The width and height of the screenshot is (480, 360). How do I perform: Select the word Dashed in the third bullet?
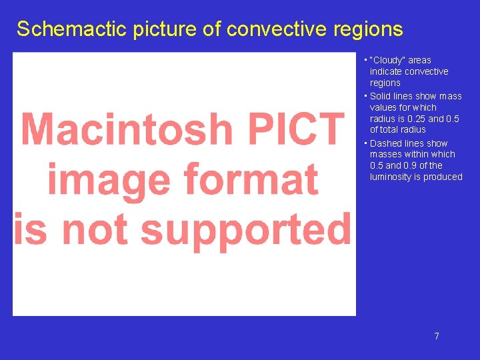point(385,143)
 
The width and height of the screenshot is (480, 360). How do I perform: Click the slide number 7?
point(437,336)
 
